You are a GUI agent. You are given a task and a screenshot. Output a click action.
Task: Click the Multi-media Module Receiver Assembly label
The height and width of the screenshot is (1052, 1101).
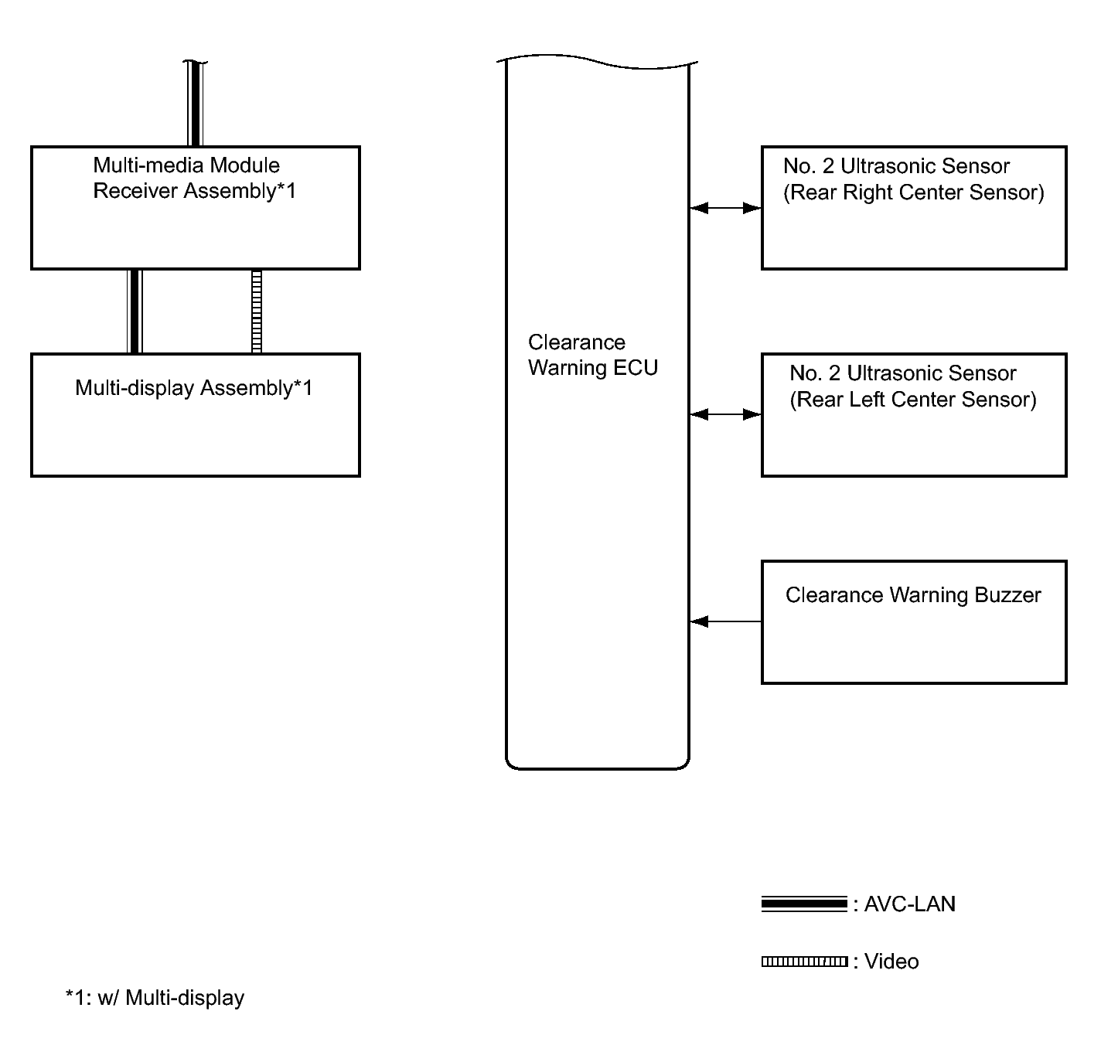(x=195, y=178)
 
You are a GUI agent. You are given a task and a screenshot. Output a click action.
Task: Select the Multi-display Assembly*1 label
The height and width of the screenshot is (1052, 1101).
(x=194, y=388)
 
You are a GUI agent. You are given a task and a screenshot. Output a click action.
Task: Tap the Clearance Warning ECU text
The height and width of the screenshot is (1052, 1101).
(x=593, y=355)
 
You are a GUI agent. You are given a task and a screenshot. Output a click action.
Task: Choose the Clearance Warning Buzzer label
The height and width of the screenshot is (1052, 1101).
(x=913, y=595)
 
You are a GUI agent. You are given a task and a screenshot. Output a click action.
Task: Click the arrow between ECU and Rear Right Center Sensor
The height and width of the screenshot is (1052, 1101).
(x=725, y=208)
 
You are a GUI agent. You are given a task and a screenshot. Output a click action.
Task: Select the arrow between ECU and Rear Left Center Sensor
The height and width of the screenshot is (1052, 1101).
(x=725, y=414)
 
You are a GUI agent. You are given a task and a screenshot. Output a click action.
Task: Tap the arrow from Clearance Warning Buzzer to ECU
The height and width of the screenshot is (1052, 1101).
(x=725, y=621)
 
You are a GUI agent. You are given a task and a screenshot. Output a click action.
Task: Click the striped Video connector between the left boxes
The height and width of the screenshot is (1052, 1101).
(x=256, y=312)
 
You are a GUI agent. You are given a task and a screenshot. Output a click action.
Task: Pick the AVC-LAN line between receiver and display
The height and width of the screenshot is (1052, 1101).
(x=135, y=312)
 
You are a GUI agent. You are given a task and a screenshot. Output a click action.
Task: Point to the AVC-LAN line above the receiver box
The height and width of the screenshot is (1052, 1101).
(x=195, y=104)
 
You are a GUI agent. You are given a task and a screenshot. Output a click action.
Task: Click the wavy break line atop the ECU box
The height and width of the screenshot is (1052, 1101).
(x=597, y=62)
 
